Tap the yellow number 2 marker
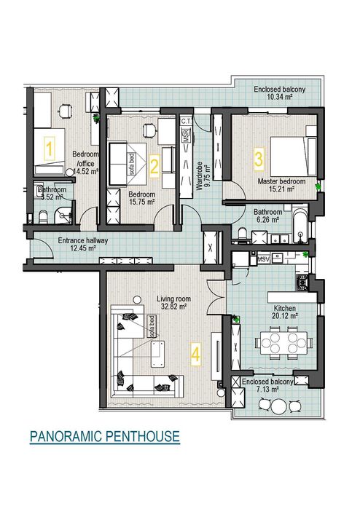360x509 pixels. tap(154, 166)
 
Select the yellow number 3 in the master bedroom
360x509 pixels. tap(259, 156)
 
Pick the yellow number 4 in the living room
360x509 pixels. tap(195, 354)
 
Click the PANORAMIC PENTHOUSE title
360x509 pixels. tap(104, 437)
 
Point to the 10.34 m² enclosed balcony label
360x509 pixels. tap(278, 92)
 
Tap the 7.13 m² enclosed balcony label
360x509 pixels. tap(267, 385)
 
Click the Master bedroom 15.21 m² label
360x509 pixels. tap(281, 184)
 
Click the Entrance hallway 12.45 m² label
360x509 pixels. tap(82, 245)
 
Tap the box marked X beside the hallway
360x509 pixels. tap(211, 247)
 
